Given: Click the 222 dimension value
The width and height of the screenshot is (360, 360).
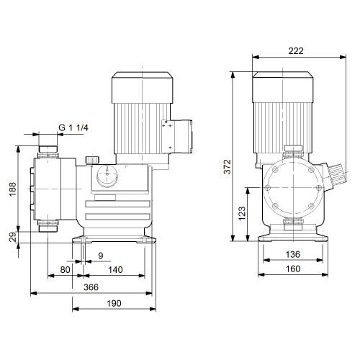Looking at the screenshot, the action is pyautogui.click(x=296, y=51).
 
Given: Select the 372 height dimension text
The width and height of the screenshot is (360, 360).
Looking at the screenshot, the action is pyautogui.click(x=227, y=166).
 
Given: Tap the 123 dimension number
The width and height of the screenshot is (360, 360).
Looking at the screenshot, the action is pyautogui.click(x=242, y=213).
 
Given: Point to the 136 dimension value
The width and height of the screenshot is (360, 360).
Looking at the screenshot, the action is pyautogui.click(x=293, y=254).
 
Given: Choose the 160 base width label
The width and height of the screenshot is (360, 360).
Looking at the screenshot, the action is pyautogui.click(x=293, y=269).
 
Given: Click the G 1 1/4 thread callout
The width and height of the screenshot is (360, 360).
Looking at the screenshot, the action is pyautogui.click(x=73, y=127).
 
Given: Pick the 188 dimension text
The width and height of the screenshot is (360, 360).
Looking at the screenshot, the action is pyautogui.click(x=12, y=189).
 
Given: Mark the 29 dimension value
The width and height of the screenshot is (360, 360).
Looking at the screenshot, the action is pyautogui.click(x=12, y=237).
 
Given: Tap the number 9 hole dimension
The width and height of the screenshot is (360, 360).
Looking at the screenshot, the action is pyautogui.click(x=101, y=256).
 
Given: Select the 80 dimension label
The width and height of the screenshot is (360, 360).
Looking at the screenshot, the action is pyautogui.click(x=65, y=270).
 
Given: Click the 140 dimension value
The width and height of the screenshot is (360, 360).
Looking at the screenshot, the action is pyautogui.click(x=115, y=270).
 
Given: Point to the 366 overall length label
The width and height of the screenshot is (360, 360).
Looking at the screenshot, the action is pyautogui.click(x=91, y=287).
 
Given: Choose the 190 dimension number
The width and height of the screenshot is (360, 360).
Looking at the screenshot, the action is pyautogui.click(x=114, y=303).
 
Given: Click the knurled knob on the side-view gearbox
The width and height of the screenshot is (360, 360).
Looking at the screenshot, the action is pyautogui.click(x=92, y=160).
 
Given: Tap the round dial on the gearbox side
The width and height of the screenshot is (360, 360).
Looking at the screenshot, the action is pyautogui.click(x=107, y=176).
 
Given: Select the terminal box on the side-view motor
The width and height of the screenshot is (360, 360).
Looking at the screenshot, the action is pyautogui.click(x=177, y=136).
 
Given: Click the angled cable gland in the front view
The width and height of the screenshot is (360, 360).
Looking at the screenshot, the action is pyautogui.click(x=336, y=175).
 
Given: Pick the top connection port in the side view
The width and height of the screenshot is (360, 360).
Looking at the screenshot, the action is pyautogui.click(x=48, y=151).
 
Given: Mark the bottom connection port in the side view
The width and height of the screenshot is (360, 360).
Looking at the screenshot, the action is pyautogui.click(x=48, y=226).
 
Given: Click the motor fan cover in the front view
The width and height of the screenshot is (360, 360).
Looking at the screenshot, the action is pyautogui.click(x=283, y=87).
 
